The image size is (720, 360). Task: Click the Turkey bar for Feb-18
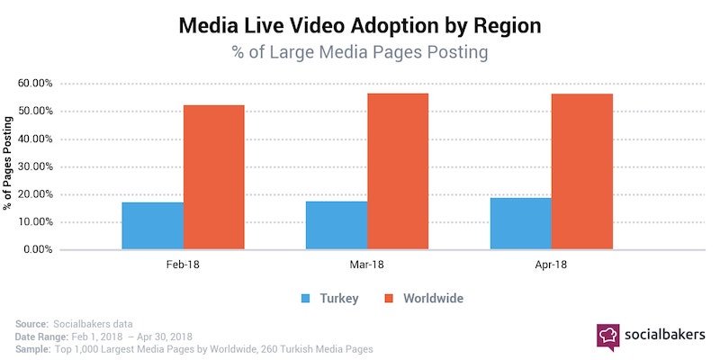pyautogui.click(x=152, y=226)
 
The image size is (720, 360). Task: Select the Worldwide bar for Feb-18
pyautogui.click(x=214, y=177)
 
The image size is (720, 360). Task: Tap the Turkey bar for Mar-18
pyautogui.click(x=337, y=226)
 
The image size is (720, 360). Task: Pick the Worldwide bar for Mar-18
pyautogui.click(x=398, y=171)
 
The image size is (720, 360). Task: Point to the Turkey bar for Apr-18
pyautogui.click(x=521, y=224)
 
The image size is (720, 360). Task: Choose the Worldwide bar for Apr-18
pyautogui.click(x=582, y=172)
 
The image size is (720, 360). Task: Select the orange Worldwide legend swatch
pyautogui.click(x=390, y=297)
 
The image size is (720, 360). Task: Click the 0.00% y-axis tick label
pyautogui.click(x=38, y=249)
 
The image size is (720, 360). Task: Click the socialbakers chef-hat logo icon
pyautogui.click(x=607, y=336)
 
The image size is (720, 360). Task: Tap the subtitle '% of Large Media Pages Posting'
pyautogui.click(x=360, y=52)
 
